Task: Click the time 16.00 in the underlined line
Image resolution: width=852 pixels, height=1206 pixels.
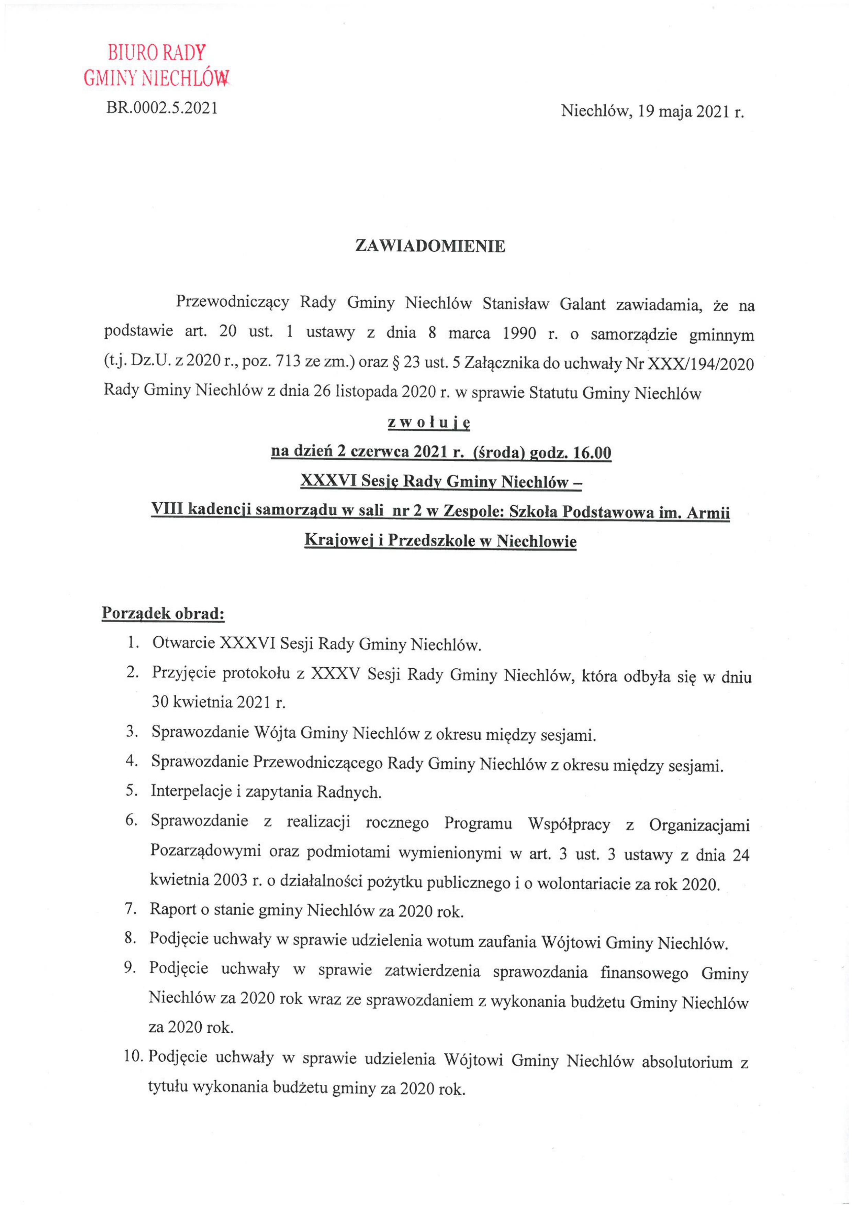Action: pos(593,452)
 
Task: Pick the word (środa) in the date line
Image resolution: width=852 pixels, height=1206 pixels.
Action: pos(499,452)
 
